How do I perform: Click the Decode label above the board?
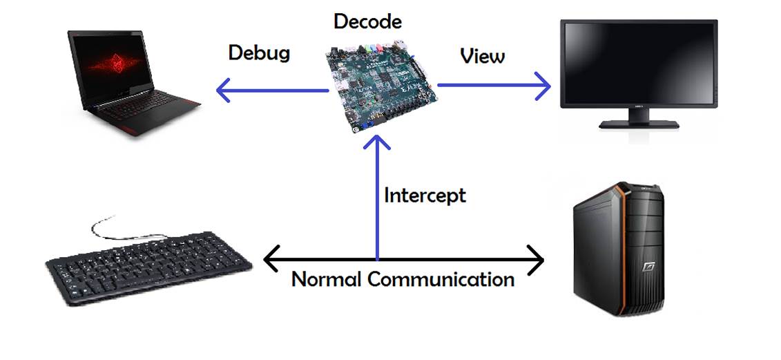(x=367, y=21)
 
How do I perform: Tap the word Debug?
(x=258, y=53)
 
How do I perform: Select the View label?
(x=482, y=56)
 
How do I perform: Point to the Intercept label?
(x=425, y=196)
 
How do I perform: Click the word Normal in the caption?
(x=327, y=279)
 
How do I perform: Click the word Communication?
(x=441, y=279)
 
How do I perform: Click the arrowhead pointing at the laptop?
(x=222, y=90)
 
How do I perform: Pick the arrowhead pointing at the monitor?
(x=542, y=86)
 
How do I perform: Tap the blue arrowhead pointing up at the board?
(x=378, y=142)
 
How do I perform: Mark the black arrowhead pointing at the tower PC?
(x=537, y=260)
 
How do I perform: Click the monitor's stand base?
(x=639, y=124)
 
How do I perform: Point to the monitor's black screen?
(x=638, y=61)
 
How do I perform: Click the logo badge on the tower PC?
(x=648, y=267)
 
